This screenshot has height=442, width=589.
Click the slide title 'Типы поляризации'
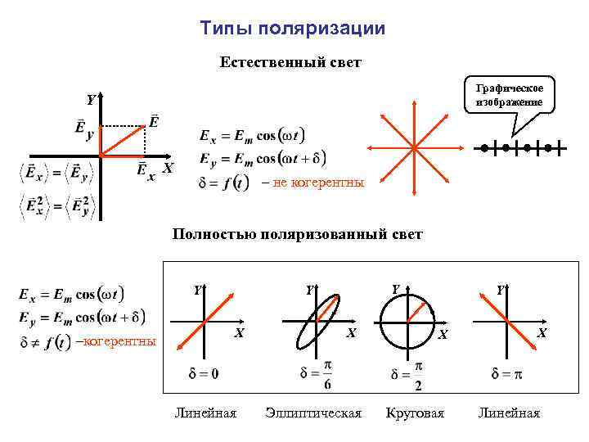[292, 29]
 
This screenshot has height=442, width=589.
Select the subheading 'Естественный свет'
[290, 62]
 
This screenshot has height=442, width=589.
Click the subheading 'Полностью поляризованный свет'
[297, 235]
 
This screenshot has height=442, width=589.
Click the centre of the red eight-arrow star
[414, 147]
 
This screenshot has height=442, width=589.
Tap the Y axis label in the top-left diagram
[91, 100]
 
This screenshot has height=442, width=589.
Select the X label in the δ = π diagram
[540, 333]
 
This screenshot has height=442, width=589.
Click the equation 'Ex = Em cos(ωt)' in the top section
[252, 134]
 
